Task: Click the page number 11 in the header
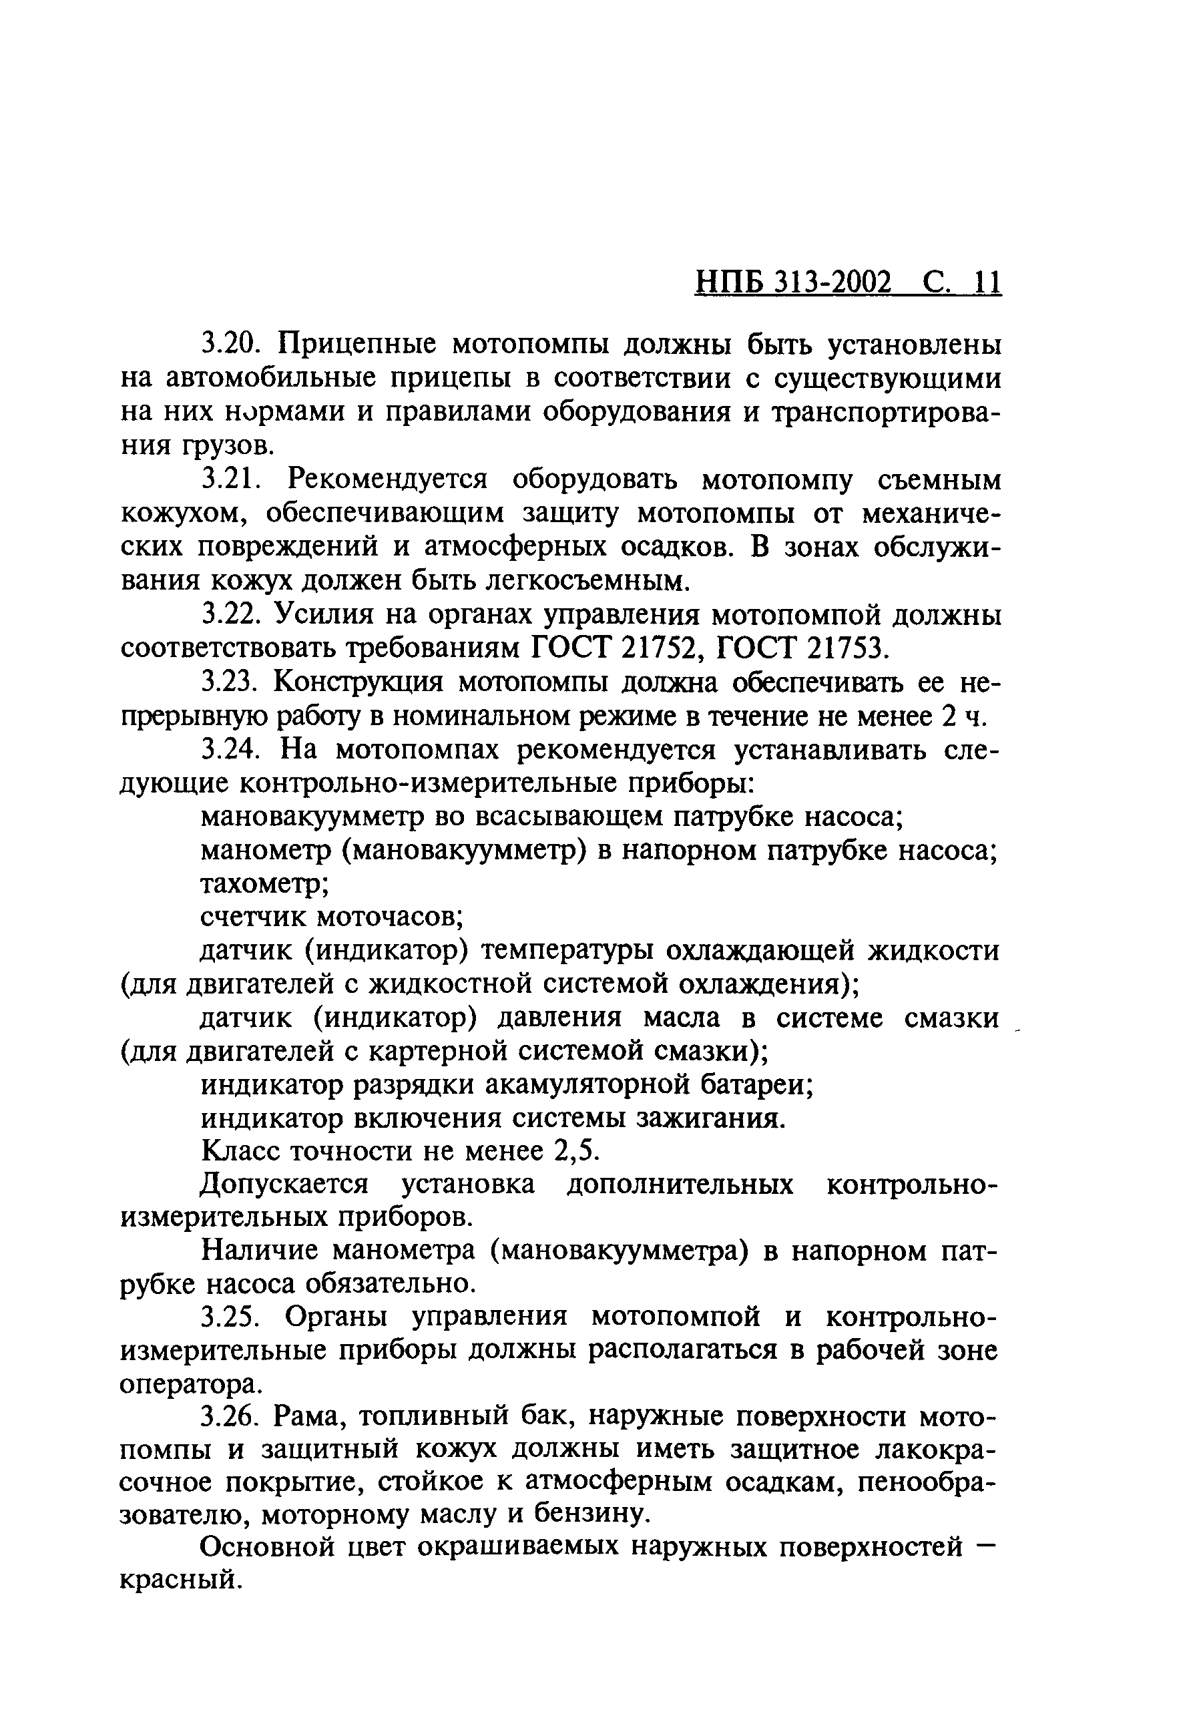[x=984, y=283]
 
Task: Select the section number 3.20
[x=230, y=345]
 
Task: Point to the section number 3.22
[x=230, y=614]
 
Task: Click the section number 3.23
[x=230, y=682]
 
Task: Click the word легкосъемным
[x=582, y=580]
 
